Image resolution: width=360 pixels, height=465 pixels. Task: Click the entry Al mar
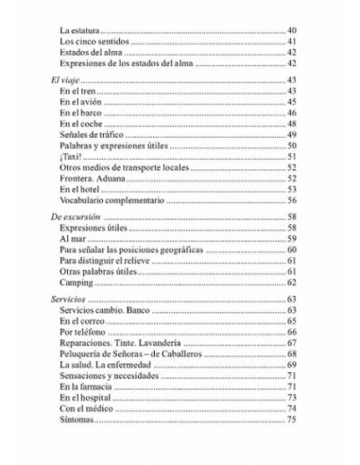(x=72, y=242)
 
